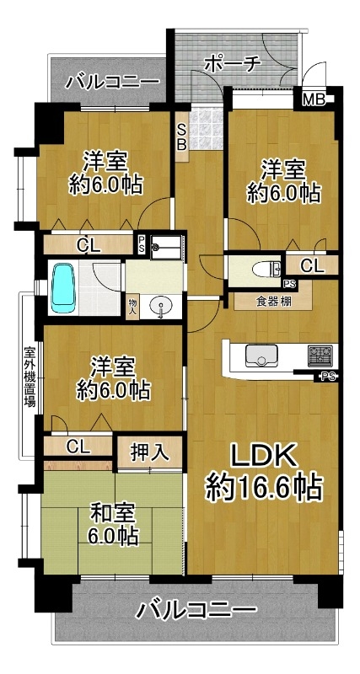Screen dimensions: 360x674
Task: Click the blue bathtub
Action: (x=62, y=287)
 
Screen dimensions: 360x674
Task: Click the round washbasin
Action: (x=161, y=306)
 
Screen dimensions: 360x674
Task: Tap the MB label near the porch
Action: (x=314, y=100)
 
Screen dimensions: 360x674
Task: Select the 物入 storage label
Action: (x=132, y=308)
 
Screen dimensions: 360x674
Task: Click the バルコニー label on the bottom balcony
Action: (x=196, y=610)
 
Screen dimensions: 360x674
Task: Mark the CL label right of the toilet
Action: (x=312, y=266)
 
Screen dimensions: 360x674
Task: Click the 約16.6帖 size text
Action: (x=264, y=489)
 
